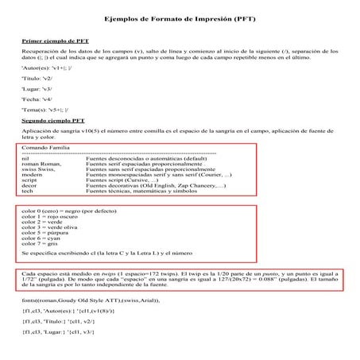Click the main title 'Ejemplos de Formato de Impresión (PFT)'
coord(180,17)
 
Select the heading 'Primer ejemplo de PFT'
coord(55,38)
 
